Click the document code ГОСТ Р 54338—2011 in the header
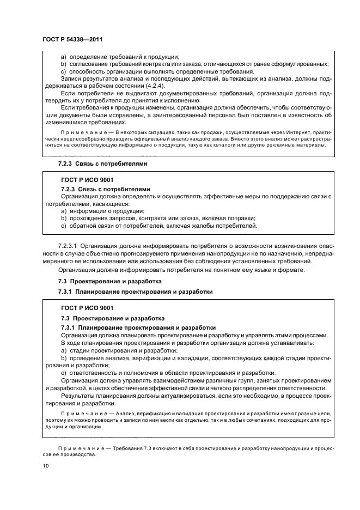pyautogui.click(x=72, y=40)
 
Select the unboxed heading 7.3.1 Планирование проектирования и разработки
pyautogui.click(x=135, y=292)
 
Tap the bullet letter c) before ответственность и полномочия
pyautogui.click(x=64, y=373)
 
